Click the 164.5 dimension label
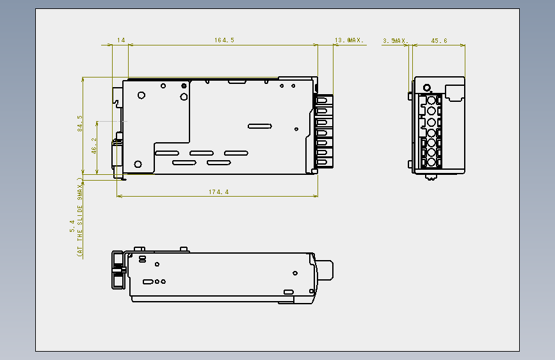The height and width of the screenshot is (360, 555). point(224,40)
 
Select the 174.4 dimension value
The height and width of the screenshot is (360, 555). point(218,192)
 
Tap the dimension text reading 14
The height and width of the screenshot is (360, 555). point(121,40)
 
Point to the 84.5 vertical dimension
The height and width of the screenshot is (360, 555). point(80,123)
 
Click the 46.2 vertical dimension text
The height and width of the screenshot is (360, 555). point(94,145)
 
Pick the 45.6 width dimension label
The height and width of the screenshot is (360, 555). point(439,41)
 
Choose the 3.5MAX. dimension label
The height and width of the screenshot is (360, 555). point(396,41)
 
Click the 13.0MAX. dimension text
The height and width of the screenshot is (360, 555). point(349,40)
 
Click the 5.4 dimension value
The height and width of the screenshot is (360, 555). point(72,226)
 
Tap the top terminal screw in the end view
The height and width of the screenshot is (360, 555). point(431,99)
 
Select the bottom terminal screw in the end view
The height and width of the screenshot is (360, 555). point(431,162)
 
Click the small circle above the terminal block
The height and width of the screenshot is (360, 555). point(427,88)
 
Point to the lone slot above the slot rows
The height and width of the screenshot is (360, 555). point(260,126)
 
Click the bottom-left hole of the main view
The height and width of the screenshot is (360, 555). point(138,164)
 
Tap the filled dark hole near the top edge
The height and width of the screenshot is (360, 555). point(184,86)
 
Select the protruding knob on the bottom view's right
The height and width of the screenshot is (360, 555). point(325,270)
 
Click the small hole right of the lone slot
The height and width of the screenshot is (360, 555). point(296,129)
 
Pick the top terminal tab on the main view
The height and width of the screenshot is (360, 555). point(323,100)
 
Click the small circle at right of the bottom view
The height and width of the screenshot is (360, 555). point(295,273)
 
